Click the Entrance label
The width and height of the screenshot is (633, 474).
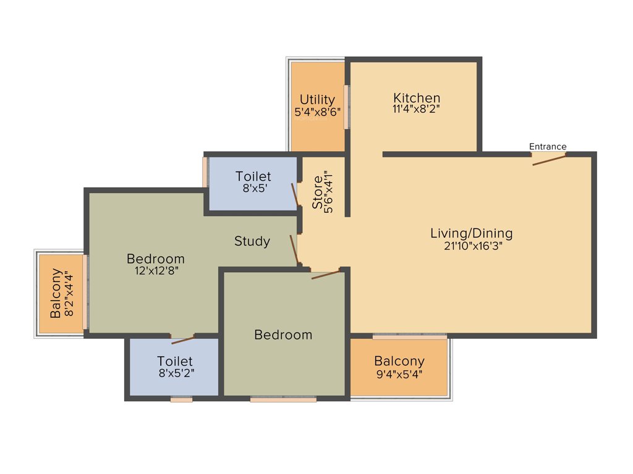pos(548,146)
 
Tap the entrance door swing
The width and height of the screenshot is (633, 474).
pos(550,160)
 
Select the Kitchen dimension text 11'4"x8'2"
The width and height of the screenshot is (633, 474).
pos(417,109)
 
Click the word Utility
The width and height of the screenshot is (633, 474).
pos(317,99)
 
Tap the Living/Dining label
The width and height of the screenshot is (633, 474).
pos(471,233)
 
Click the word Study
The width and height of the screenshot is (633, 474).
pos(252,241)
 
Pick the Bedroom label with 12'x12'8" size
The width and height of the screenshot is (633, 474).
pos(155,259)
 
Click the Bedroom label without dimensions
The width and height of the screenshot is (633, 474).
pos(283,335)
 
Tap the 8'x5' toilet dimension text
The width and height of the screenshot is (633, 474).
pos(253,188)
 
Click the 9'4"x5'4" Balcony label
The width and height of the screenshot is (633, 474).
pos(399,361)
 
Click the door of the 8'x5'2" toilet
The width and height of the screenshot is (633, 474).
pos(183,339)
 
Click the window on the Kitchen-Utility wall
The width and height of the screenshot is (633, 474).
pos(347,107)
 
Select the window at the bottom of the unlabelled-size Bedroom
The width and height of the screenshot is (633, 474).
pos(283,399)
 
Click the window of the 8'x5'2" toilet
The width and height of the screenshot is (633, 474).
pos(181,399)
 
